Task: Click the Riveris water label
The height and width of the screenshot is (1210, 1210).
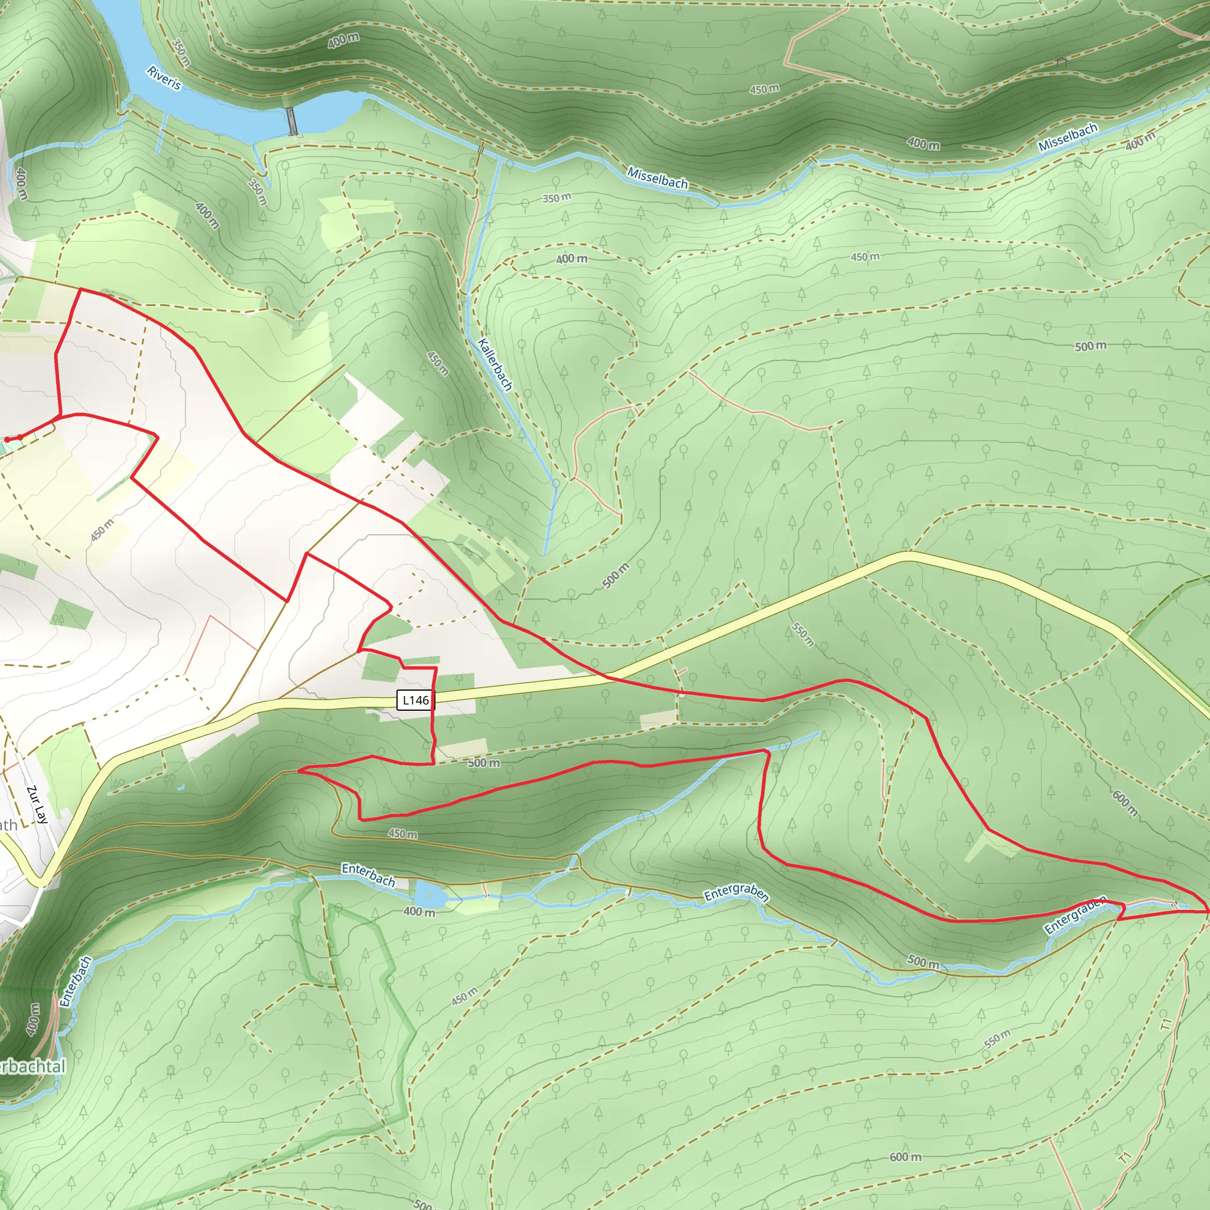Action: (x=164, y=77)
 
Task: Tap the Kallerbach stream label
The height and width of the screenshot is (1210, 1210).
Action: (x=495, y=364)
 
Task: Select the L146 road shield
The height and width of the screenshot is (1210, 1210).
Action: (x=415, y=700)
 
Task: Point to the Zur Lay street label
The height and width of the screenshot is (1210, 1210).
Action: (x=38, y=805)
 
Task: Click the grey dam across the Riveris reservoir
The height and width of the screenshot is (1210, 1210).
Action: (x=292, y=121)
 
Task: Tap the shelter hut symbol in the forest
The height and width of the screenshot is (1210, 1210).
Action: (x=1061, y=61)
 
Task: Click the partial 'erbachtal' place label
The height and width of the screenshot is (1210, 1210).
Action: (x=31, y=1066)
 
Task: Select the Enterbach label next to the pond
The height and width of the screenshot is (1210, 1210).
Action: (x=368, y=874)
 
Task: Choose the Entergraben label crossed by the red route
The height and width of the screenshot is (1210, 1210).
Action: (x=1075, y=916)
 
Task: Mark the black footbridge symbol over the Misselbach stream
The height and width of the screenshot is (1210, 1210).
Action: (x=481, y=149)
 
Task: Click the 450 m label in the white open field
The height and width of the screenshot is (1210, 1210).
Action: (x=102, y=530)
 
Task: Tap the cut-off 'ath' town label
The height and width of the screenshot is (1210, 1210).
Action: (x=8, y=825)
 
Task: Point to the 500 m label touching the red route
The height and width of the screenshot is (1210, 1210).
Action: (x=483, y=763)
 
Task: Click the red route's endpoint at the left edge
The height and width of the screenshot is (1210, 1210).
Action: (x=6, y=439)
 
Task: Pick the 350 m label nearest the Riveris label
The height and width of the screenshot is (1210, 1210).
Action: (x=180, y=53)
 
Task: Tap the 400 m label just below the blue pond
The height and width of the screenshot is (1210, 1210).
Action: (x=418, y=912)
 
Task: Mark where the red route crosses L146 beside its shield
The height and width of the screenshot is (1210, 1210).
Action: (x=434, y=697)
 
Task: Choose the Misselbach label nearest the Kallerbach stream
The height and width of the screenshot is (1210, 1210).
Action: (x=658, y=178)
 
